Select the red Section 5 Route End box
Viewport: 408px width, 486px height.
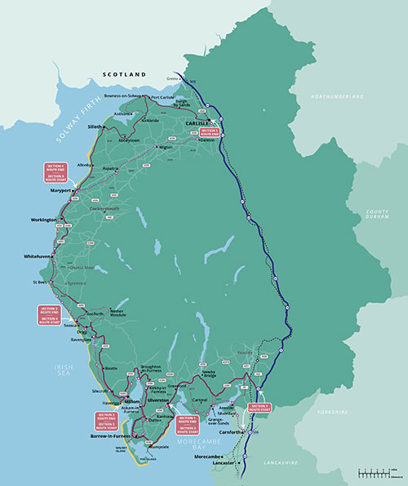coord(211,132)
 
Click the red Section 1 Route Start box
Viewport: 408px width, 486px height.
coord(259,407)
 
